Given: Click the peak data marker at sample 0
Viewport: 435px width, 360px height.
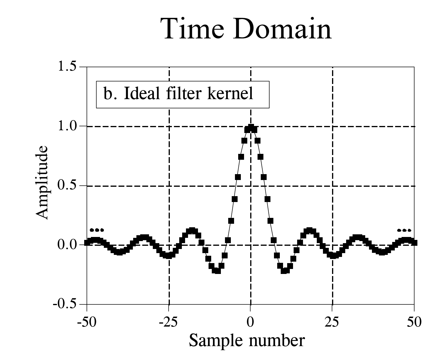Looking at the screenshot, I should point(251,127).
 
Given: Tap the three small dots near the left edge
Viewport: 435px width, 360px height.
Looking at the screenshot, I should point(97,230).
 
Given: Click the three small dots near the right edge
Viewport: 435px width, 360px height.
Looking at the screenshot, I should point(404,230).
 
